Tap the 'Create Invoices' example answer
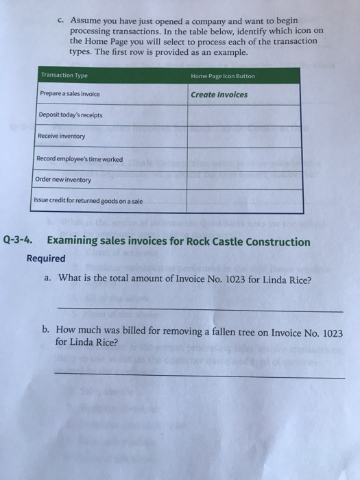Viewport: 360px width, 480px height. [219, 95]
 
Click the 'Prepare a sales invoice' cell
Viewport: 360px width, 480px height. [71, 95]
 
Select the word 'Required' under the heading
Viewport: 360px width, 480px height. [46, 259]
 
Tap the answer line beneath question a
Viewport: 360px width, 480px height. [199, 311]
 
